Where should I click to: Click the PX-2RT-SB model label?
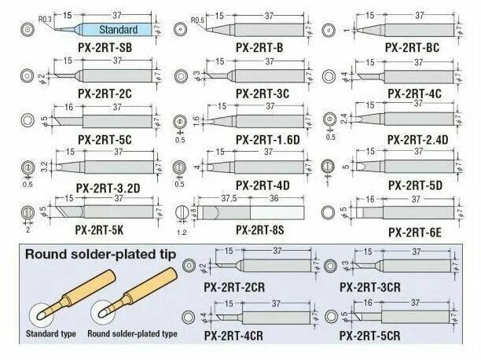point(105,48)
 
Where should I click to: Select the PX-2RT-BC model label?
point(412,47)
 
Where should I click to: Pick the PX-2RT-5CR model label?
point(370,336)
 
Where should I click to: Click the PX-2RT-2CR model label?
point(236,287)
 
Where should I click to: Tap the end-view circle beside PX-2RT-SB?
point(28,30)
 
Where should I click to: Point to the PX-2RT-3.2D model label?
point(108,186)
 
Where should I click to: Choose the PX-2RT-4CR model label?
point(236,336)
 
